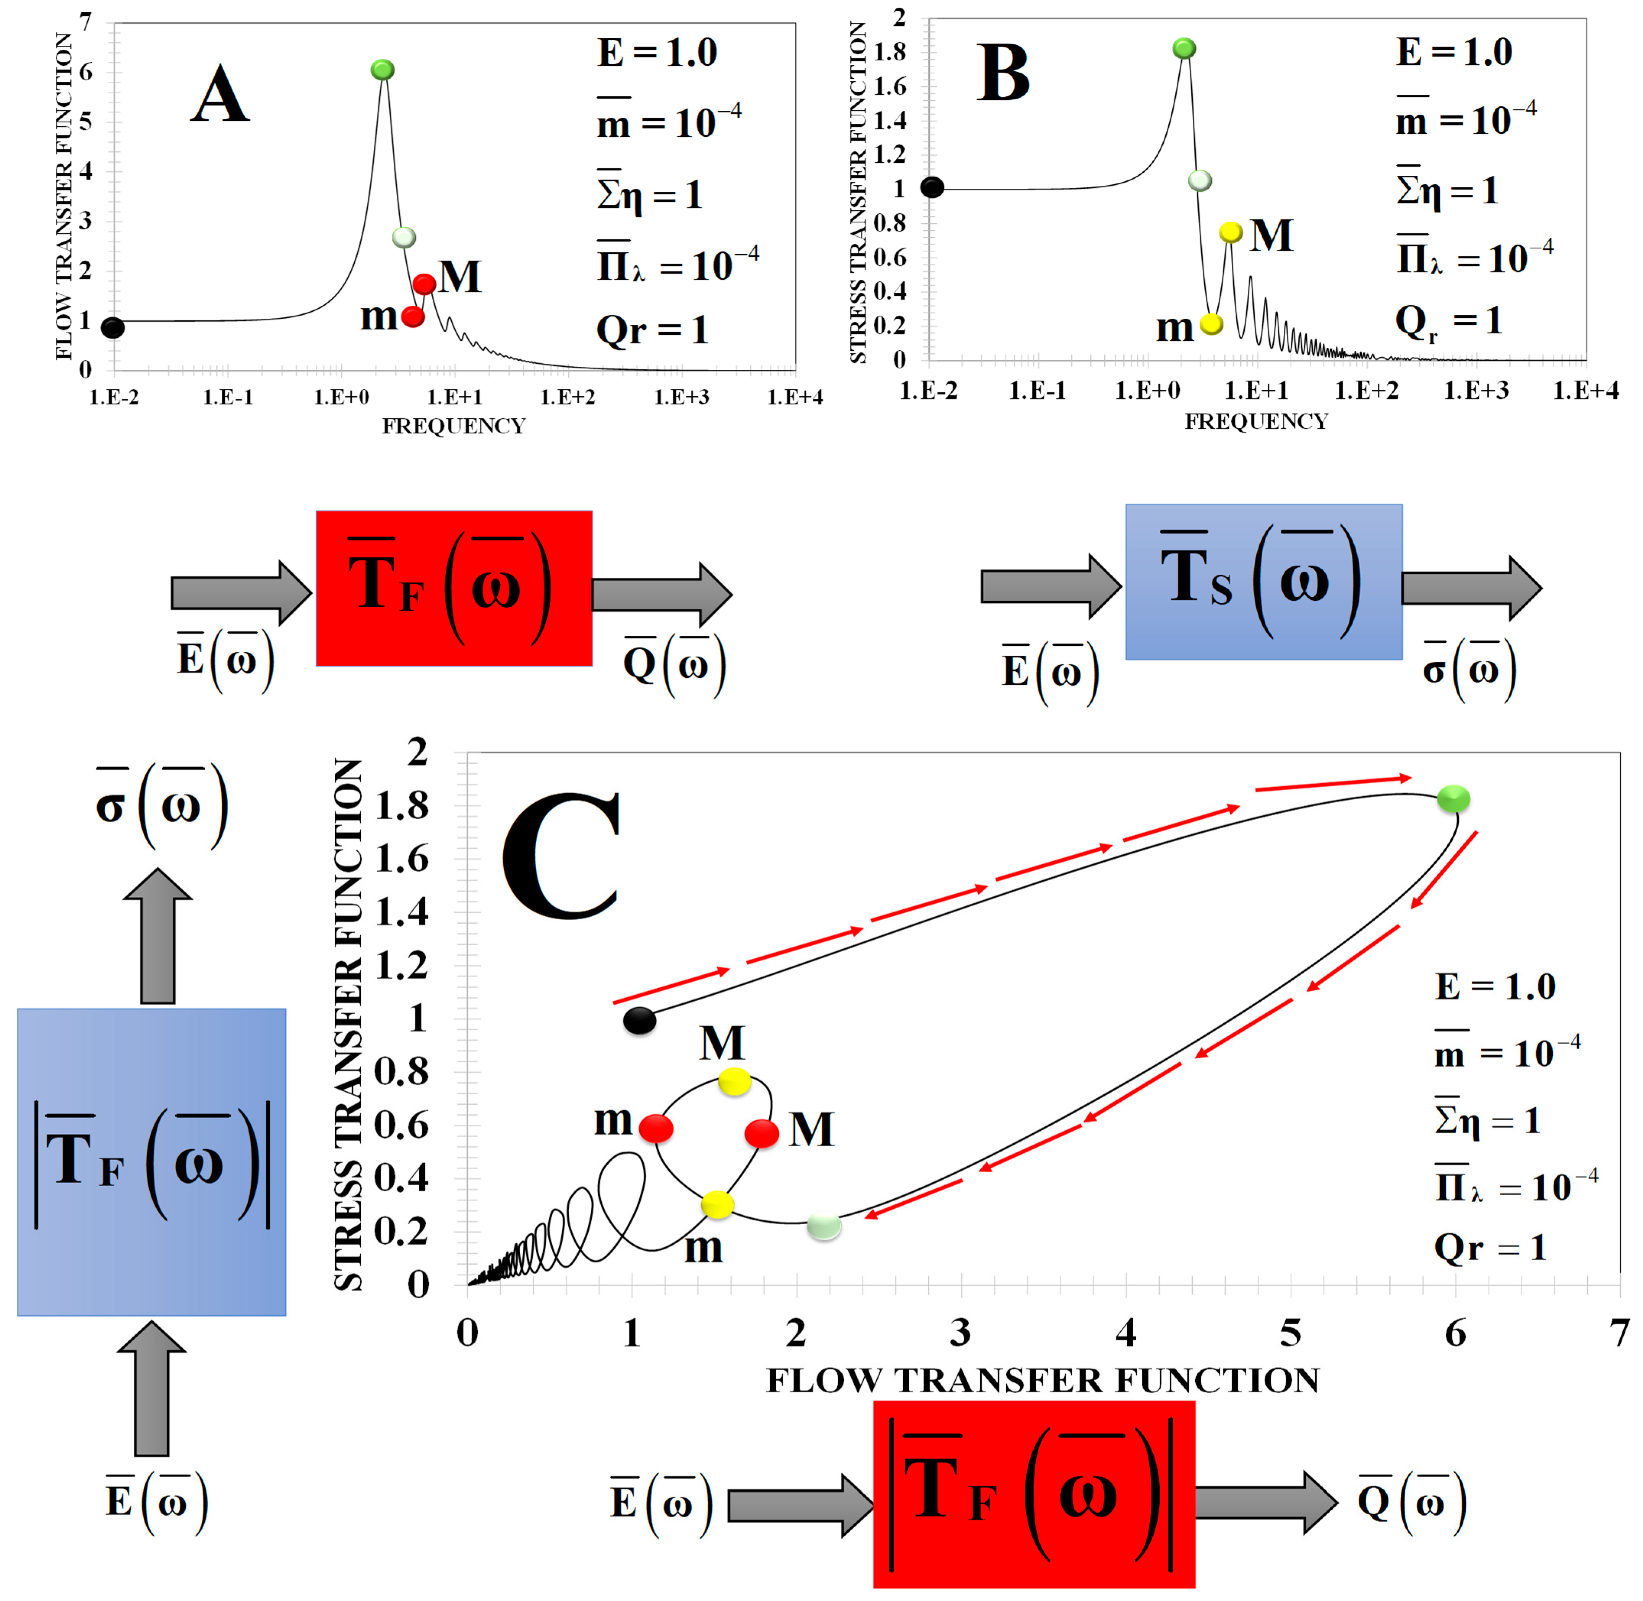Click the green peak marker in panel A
tap(383, 70)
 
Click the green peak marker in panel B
tap(1184, 49)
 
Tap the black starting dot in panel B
tap(932, 188)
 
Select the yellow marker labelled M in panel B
tap(1230, 232)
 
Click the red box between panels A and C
tap(454, 588)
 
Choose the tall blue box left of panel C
tap(151, 1162)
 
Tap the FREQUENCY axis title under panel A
tap(454, 426)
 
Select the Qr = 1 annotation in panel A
tap(652, 330)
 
